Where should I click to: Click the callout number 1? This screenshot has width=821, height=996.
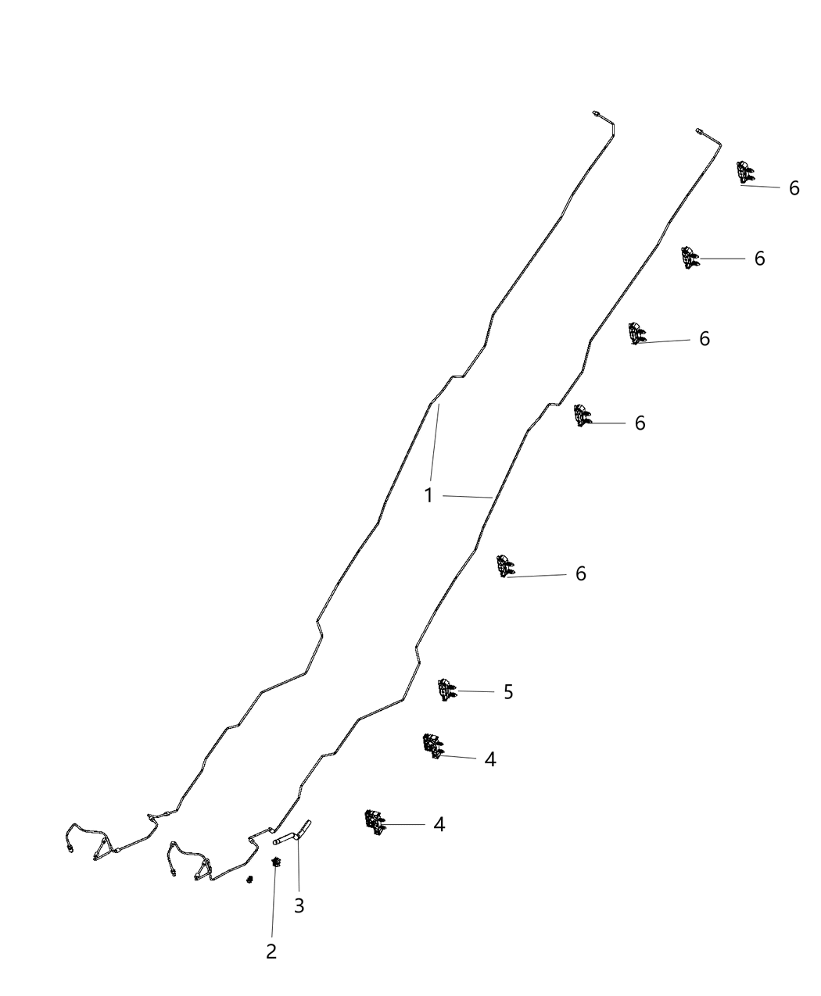click(x=428, y=495)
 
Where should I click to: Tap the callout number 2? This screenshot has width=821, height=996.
click(x=271, y=951)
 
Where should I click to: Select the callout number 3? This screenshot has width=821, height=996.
click(x=299, y=905)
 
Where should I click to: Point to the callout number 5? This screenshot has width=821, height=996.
click(x=508, y=692)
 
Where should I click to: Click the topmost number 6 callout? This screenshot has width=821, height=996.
click(x=794, y=188)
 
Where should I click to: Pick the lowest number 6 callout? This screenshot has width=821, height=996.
click(x=580, y=573)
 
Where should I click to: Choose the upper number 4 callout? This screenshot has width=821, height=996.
click(x=490, y=759)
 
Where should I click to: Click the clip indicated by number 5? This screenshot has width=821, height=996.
click(x=447, y=690)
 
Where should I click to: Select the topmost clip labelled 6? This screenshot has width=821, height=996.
click(x=745, y=172)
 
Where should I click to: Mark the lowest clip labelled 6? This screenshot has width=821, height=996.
click(x=505, y=566)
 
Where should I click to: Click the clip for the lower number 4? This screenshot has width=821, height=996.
click(x=375, y=823)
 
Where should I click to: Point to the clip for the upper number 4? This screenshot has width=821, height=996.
click(x=433, y=747)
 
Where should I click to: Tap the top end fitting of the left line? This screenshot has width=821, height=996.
click(x=596, y=113)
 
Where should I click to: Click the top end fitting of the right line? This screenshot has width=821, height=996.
click(x=699, y=130)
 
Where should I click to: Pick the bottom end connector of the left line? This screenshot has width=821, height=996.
click(x=70, y=848)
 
